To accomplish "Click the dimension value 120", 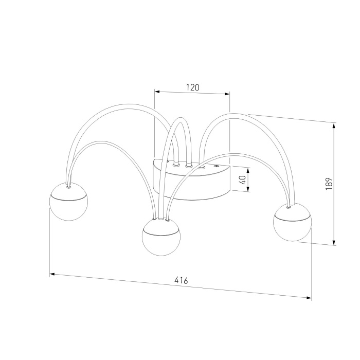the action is coord(192,87).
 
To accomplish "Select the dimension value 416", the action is coord(181,280).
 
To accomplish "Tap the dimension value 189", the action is coord(329,184).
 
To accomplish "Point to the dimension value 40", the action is coord(243,180).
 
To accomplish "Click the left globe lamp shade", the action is coord(68,202).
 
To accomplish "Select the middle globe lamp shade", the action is coord(161,237).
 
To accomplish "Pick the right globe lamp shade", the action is coord(292,222).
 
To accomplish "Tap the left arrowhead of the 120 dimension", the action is coord(157,92).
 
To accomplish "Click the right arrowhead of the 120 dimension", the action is coord(227,94).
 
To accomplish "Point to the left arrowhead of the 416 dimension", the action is coord(52,274).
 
